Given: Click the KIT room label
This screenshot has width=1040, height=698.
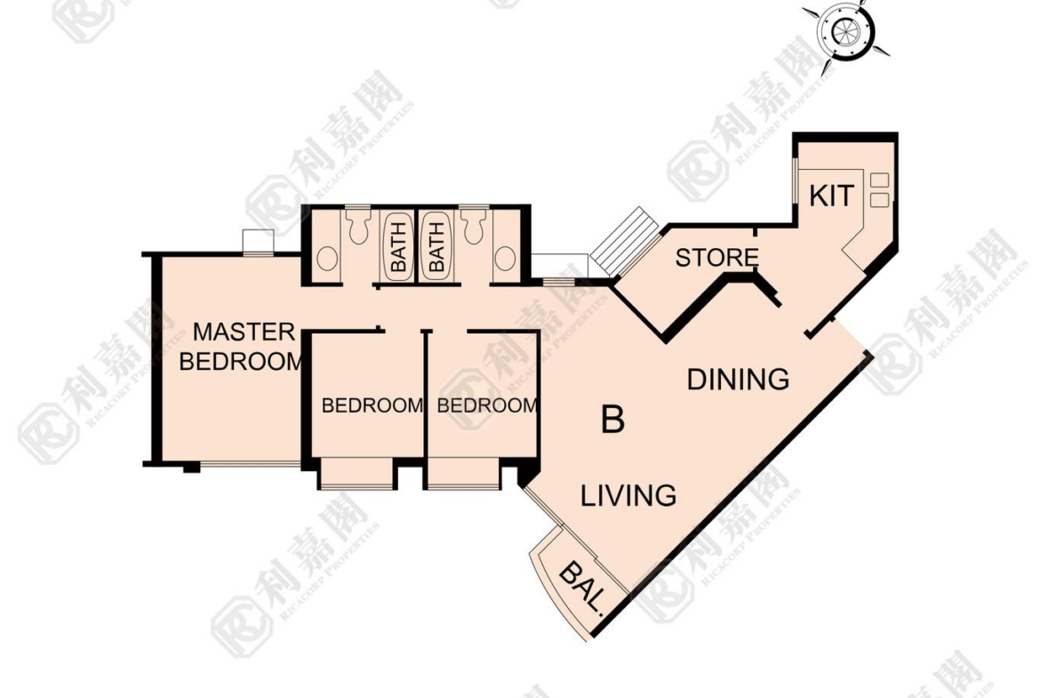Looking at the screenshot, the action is click(x=832, y=197).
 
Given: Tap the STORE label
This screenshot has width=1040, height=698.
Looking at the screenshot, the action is click(x=717, y=258).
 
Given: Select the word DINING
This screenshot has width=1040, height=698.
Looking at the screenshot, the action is click(x=738, y=380).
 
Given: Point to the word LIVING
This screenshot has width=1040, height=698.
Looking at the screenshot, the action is click(x=628, y=495).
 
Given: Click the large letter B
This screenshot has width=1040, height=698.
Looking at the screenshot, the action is click(x=612, y=420).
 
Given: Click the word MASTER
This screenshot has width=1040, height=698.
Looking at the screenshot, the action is click(x=244, y=332).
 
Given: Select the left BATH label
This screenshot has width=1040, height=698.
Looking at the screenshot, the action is click(x=398, y=247).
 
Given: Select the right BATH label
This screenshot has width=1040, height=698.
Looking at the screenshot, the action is click(x=436, y=247).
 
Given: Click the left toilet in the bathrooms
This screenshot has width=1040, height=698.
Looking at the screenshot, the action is click(x=358, y=226).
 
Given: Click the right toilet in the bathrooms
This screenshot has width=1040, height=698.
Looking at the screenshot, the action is click(x=474, y=226).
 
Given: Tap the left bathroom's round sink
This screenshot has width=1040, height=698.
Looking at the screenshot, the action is click(x=327, y=259).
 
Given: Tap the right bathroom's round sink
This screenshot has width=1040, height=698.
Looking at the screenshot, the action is click(x=506, y=259).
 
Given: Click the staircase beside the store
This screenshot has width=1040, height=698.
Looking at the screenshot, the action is click(x=627, y=242).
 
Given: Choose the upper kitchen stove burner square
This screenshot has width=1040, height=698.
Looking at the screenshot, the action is click(x=879, y=179).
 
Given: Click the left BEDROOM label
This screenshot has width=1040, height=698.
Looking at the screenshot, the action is click(x=372, y=405).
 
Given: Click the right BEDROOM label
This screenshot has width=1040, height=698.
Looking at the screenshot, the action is click(x=487, y=405).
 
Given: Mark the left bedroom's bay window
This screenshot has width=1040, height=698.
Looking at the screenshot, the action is click(x=356, y=474).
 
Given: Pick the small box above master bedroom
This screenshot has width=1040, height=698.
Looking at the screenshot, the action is click(x=258, y=242).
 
